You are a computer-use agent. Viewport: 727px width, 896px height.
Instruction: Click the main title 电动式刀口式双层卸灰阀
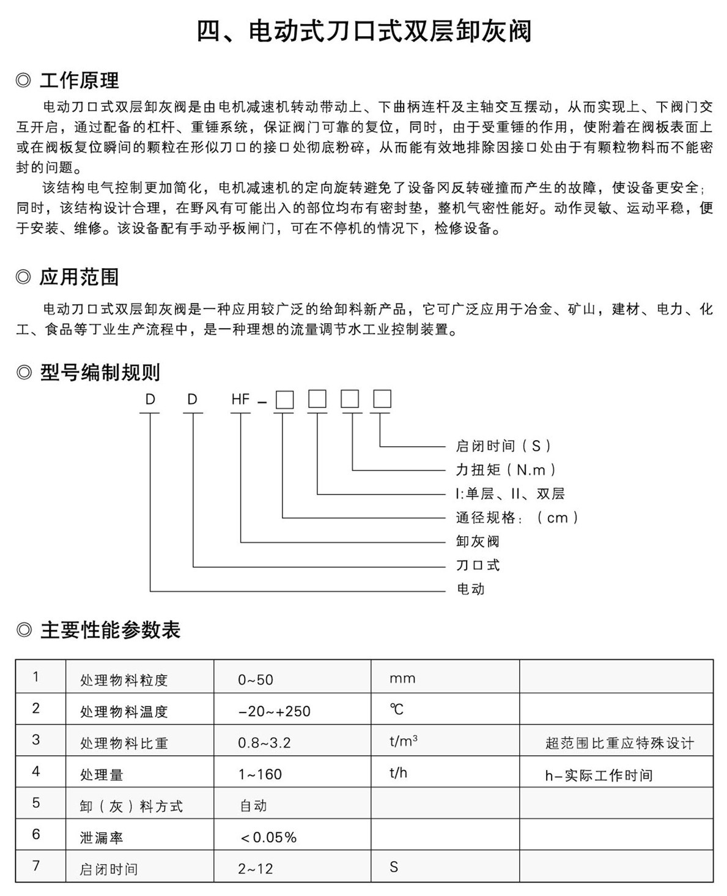pos(363,31)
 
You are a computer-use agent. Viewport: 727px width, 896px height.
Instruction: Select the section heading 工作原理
pos(79,80)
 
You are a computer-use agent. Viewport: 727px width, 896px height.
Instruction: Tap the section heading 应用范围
pos(79,277)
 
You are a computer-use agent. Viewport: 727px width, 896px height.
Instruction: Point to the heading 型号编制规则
pos(100,371)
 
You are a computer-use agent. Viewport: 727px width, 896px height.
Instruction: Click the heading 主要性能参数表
pos(110,630)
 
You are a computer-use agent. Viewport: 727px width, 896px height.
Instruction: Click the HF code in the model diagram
pos(241,400)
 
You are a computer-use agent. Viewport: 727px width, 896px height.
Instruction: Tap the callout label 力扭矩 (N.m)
pos(507,469)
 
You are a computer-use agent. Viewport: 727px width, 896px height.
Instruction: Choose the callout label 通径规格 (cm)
pos(517,518)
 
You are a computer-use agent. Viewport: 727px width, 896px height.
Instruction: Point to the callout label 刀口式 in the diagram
pos(478,565)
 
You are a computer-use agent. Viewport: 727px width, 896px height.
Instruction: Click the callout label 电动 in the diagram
pos(470,589)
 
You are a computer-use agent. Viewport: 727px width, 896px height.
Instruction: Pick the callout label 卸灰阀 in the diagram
pos(478,541)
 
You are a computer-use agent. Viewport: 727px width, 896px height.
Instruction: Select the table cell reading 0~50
pos(256,679)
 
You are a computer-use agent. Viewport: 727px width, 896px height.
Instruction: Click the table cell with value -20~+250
pos(274,711)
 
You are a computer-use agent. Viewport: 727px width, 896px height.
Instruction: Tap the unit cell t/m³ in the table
pos(403,741)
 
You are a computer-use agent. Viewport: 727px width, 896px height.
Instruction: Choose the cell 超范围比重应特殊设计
pos(619,744)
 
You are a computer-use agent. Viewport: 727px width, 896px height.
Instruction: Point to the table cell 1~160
pos(260,774)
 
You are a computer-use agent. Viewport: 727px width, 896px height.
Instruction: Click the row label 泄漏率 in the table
pos(101,838)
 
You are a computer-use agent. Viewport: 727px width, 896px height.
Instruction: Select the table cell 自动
pos(253,805)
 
